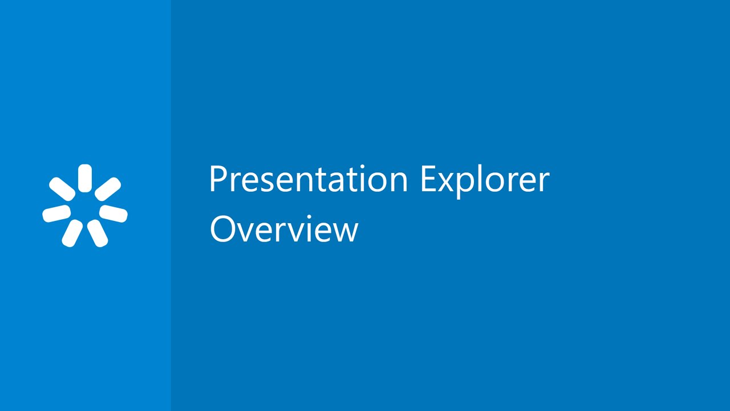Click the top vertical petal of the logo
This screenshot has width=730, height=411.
[85, 178]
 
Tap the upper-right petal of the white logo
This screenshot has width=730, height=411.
[108, 189]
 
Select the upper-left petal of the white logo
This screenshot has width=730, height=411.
[62, 189]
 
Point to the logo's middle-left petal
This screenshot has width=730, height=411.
[56, 213]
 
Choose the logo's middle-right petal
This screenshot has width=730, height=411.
[113, 213]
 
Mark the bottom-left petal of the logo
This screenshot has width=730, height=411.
[72, 233]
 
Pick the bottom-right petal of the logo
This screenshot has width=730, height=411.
[98, 233]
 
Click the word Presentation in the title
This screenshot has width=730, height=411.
[309, 179]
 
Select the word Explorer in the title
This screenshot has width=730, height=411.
[485, 179]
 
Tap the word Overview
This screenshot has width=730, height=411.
[283, 229]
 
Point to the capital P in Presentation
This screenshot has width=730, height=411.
[217, 179]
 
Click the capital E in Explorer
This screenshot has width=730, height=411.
[428, 179]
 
